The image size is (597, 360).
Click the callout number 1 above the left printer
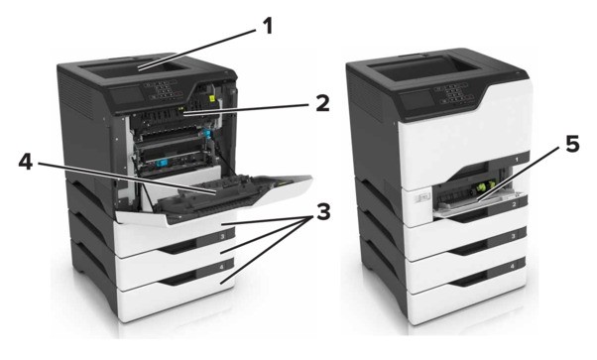click(x=268, y=27)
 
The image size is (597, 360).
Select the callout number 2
click(x=322, y=103)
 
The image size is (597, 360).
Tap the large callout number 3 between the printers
click(x=323, y=212)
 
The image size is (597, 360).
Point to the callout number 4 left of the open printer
click(x=26, y=163)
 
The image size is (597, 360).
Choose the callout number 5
click(x=572, y=145)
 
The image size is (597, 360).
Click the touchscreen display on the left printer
click(x=127, y=95)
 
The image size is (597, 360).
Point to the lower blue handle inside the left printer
click(x=161, y=164)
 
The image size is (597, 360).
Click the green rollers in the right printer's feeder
click(x=482, y=187)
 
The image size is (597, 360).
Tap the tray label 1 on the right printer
click(x=517, y=160)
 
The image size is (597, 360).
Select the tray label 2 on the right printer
click(x=514, y=204)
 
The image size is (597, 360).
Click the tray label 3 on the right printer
click(x=514, y=236)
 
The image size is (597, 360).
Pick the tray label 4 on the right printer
click(x=512, y=267)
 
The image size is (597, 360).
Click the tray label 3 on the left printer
click(x=222, y=237)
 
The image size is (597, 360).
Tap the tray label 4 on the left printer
click(x=221, y=268)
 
